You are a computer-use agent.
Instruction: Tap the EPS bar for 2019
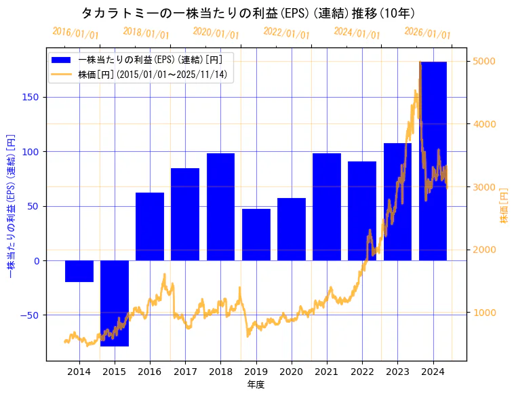(256, 235)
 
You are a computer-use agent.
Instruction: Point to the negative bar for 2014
(79, 271)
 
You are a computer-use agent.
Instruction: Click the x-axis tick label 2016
(150, 372)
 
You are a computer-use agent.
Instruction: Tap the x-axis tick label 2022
(362, 372)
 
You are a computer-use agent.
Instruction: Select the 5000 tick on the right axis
(484, 61)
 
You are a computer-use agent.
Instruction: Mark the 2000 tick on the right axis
(484, 250)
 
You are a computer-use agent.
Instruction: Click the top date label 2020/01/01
(216, 33)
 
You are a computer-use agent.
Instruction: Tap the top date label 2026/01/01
(427, 33)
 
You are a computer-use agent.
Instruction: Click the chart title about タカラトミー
(248, 13)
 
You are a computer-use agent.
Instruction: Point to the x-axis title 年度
(256, 384)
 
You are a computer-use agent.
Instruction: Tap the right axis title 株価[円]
(504, 205)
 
